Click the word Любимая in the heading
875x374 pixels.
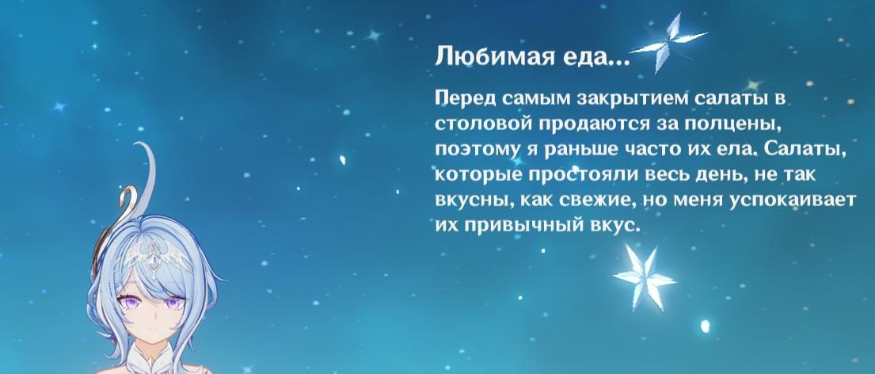click(489, 56)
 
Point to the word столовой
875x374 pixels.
click(482, 124)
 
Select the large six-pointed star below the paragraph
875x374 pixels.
click(644, 277)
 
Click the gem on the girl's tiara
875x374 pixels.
click(152, 259)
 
